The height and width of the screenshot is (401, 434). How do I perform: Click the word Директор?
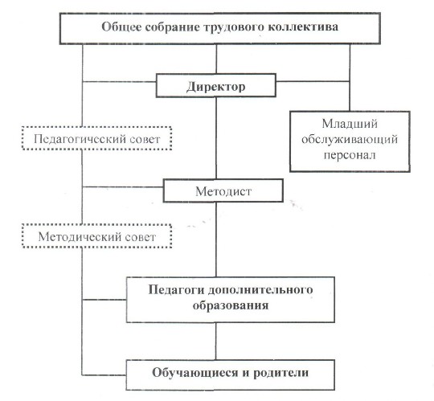click(x=216, y=87)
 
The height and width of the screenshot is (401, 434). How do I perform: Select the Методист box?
click(x=223, y=190)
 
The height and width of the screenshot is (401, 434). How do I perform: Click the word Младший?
click(x=350, y=124)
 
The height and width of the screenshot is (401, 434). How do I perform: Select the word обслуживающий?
click(x=350, y=140)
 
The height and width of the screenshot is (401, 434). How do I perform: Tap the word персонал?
click(x=350, y=155)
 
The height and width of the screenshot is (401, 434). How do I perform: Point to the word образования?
click(x=231, y=305)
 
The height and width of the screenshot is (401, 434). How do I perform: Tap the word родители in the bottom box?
click(x=281, y=373)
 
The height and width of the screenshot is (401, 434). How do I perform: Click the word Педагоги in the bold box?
click(x=176, y=290)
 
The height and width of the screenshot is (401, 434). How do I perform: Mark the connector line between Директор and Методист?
click(x=216, y=138)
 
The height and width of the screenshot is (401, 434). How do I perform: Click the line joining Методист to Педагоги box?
click(x=216, y=239)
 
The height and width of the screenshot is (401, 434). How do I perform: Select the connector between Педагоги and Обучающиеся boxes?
click(x=216, y=342)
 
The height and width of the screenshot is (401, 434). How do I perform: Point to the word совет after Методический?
click(x=140, y=237)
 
